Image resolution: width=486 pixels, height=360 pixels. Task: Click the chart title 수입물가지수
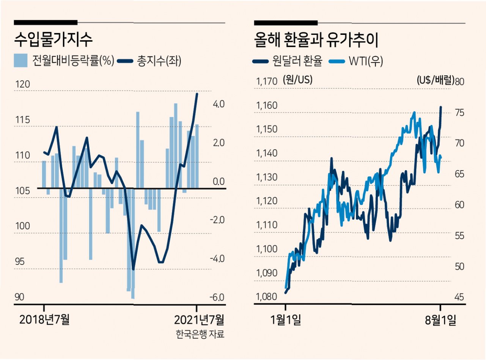(53, 39)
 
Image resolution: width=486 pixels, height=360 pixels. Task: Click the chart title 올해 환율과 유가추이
(316, 40)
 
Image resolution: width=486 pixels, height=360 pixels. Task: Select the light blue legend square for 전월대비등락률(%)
(20, 60)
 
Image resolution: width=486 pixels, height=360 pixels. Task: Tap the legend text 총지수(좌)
(159, 61)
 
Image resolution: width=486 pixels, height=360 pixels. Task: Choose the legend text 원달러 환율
(297, 61)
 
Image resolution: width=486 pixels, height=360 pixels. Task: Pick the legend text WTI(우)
(366, 61)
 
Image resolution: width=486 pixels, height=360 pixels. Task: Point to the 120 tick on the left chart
(22, 84)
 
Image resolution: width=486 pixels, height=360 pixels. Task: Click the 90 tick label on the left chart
(19, 297)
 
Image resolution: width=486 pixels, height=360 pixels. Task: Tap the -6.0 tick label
(217, 297)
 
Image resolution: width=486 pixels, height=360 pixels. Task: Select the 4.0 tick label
(219, 104)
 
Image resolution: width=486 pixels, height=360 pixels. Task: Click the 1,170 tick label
(267, 82)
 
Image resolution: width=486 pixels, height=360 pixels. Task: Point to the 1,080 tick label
(266, 296)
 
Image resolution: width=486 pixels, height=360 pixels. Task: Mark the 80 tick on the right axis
(459, 82)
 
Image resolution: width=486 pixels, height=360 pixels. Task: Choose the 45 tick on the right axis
(459, 297)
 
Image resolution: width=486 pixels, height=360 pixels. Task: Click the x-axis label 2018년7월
(44, 319)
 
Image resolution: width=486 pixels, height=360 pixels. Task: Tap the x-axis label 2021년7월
(199, 320)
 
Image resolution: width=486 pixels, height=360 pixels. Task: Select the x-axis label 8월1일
(440, 320)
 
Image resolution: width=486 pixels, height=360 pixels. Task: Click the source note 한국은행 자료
(200, 334)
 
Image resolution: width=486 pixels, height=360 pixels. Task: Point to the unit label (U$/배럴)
(436, 80)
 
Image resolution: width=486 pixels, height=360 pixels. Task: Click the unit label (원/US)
(297, 80)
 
